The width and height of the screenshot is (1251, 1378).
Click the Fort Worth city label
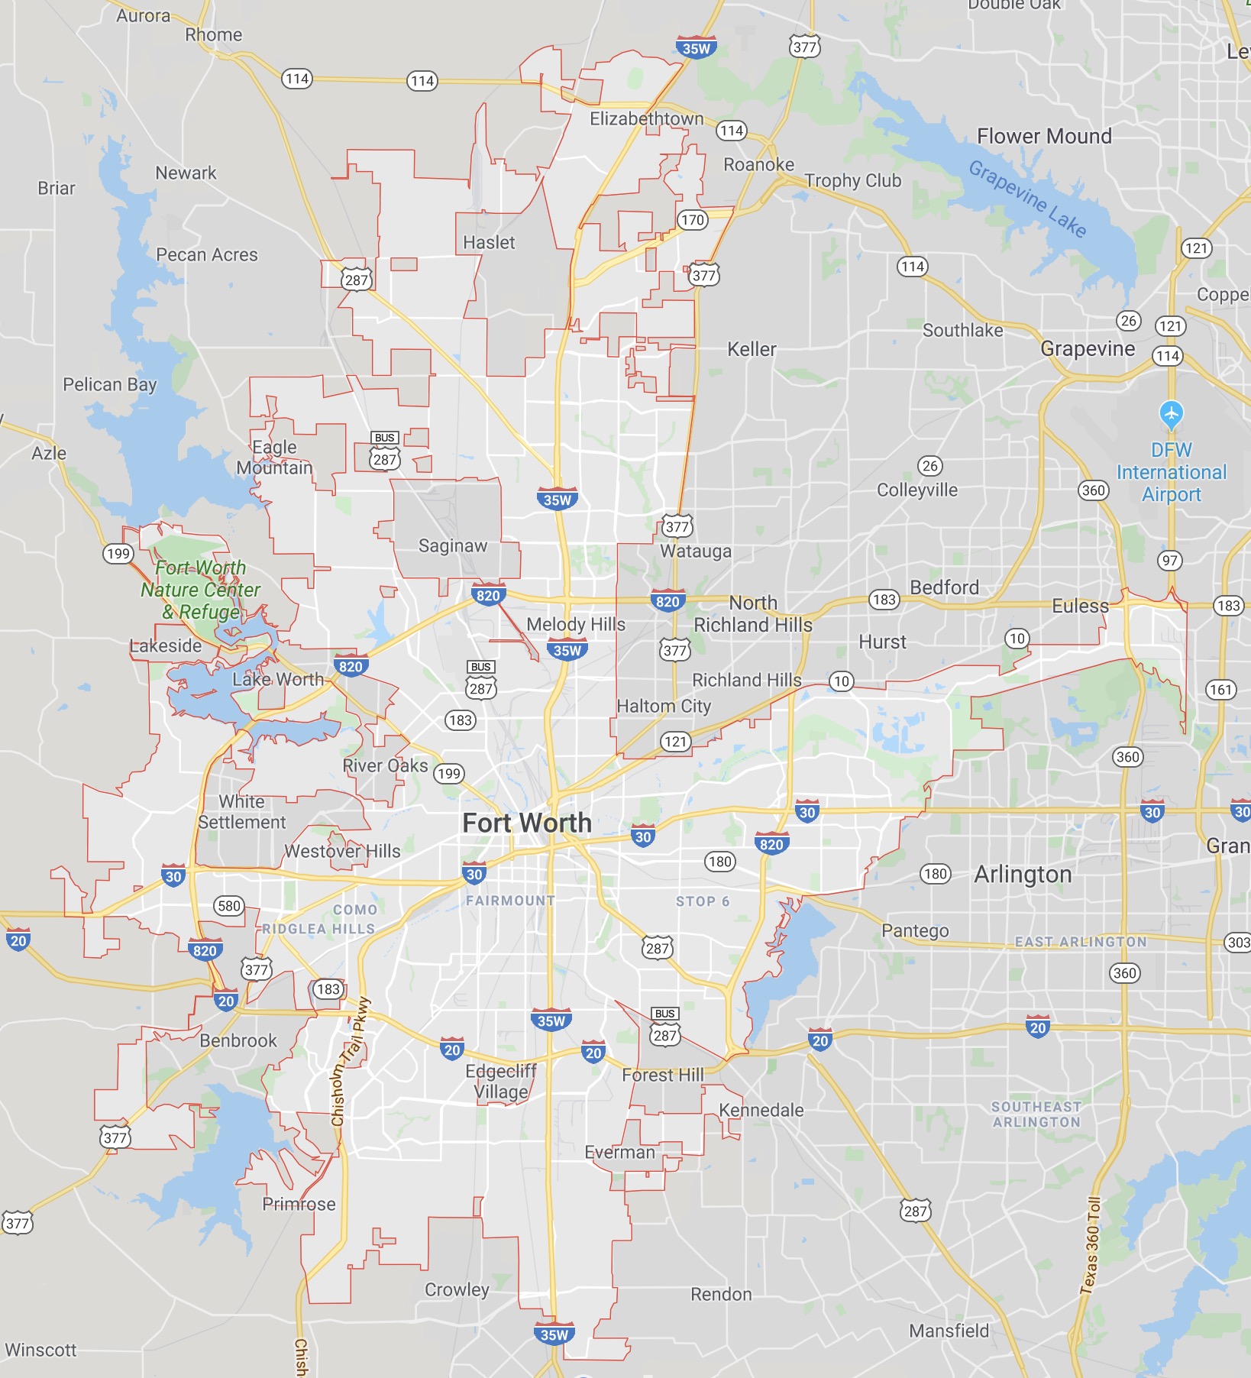[x=527, y=823]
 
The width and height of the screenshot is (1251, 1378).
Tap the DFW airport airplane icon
[x=1171, y=415]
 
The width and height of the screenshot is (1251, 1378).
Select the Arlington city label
[x=1023, y=875]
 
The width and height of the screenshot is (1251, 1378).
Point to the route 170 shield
[x=693, y=220]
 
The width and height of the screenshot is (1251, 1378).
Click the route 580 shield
[x=229, y=906]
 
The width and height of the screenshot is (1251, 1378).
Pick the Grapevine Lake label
[x=1027, y=199]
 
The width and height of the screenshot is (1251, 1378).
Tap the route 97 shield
[x=1169, y=561]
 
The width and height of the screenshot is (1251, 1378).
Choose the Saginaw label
[x=453, y=545]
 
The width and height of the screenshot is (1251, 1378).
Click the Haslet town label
[x=489, y=242]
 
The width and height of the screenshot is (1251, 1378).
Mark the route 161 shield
[x=1220, y=690]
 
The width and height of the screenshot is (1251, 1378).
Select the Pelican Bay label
[x=110, y=384]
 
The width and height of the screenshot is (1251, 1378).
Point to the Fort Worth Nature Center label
[x=200, y=590]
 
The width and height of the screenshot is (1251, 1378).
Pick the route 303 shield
[x=1238, y=942]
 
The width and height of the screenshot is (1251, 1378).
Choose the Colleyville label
[x=916, y=490]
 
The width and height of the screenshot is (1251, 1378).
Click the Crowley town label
[x=457, y=1289]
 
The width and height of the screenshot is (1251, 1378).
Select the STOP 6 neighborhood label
[x=703, y=901]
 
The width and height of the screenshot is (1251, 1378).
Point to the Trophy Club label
[x=853, y=181]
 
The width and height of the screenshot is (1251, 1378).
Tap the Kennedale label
[x=761, y=1110]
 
